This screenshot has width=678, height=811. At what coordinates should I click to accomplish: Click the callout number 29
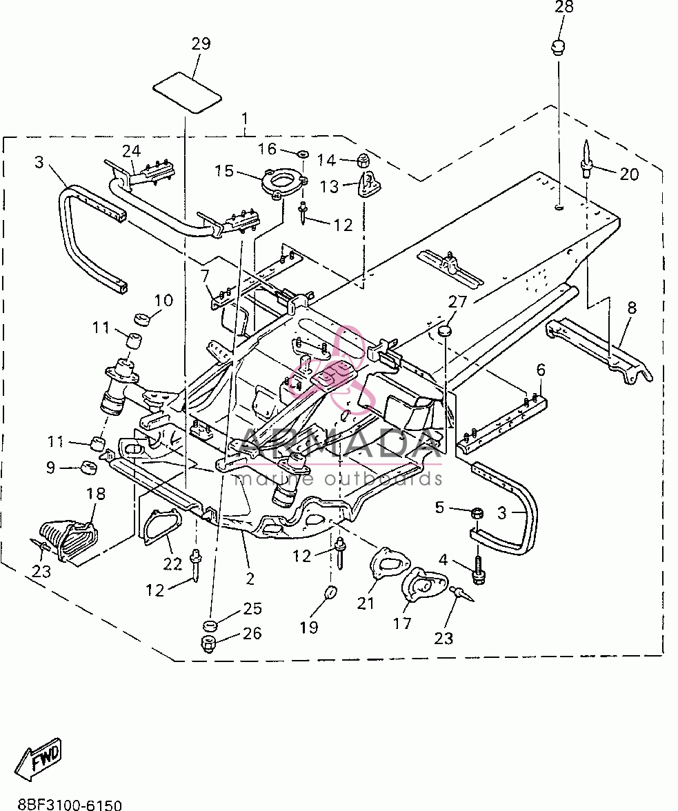pos(201,43)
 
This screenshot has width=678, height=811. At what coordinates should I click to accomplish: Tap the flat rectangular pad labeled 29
pos(187,93)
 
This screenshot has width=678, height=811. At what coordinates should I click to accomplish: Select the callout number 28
pos(564,7)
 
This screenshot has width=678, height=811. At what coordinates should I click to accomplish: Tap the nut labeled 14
pos(363,160)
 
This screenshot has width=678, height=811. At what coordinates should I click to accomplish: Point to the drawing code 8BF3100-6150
pos(69,804)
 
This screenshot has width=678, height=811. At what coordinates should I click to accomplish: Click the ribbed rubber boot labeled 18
pos(68,541)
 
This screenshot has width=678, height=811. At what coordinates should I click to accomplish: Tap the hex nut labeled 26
pos(208,644)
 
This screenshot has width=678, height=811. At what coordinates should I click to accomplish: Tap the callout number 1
pos(245,120)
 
